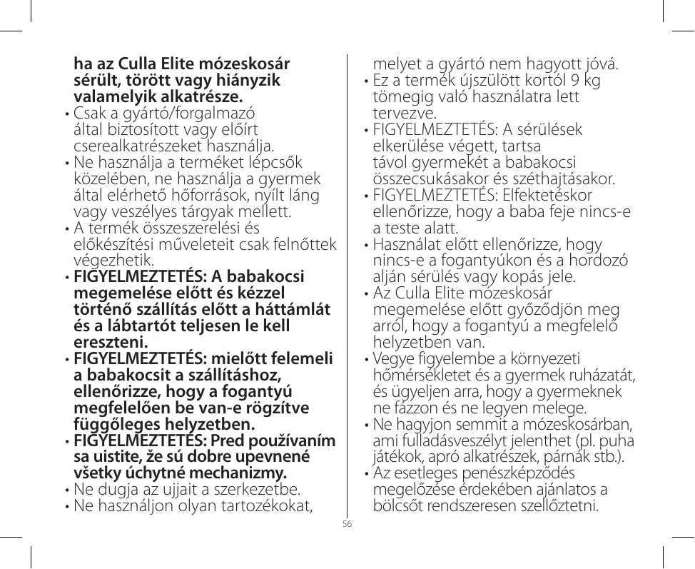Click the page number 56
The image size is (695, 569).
click(x=347, y=524)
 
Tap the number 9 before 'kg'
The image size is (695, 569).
click(x=575, y=81)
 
